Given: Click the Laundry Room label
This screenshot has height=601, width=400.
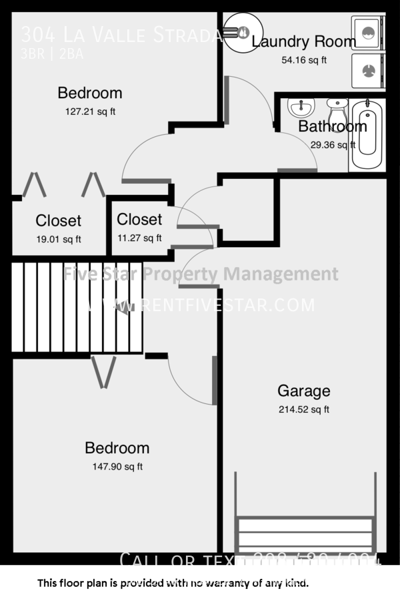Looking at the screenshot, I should (x=304, y=41).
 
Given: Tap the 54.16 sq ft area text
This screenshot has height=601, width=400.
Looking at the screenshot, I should (x=304, y=59).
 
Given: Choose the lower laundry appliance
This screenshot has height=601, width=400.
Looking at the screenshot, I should (x=366, y=69).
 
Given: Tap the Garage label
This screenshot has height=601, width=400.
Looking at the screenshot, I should (x=303, y=391).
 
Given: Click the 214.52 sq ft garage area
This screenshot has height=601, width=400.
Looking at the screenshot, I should (x=303, y=410).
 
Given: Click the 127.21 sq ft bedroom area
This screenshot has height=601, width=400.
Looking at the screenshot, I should (x=89, y=112).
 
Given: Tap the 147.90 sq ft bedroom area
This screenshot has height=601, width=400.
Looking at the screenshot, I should (x=117, y=467).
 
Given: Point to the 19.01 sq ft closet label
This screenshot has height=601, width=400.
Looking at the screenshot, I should (x=58, y=239).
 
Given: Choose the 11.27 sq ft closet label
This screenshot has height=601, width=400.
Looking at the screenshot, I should (x=139, y=237).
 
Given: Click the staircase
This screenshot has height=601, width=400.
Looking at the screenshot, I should (x=77, y=307).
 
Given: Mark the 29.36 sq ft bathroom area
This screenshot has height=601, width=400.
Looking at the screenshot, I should (x=332, y=144).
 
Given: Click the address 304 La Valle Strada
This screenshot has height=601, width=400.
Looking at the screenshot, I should (x=120, y=34).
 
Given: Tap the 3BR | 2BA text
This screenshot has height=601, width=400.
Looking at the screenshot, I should (x=52, y=55).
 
